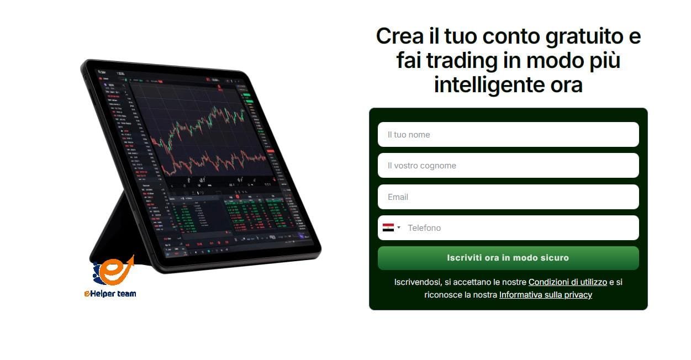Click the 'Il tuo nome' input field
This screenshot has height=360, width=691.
(508, 135)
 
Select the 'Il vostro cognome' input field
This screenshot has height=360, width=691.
(508, 166)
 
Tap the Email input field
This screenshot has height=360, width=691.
(508, 197)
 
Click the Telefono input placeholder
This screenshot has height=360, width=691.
(424, 228)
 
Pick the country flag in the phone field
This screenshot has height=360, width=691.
(388, 227)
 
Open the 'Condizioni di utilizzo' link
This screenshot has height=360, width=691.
(567, 282)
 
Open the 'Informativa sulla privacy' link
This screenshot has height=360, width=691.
(545, 295)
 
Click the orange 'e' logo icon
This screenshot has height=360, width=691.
(115, 271)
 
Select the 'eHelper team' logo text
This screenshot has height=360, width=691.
(110, 294)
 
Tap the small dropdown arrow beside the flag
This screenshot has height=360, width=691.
(399, 227)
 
